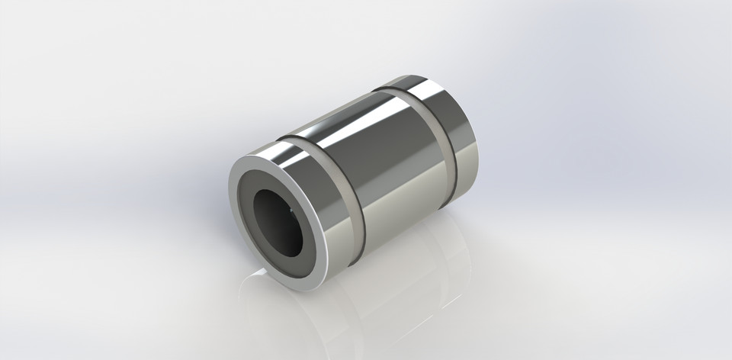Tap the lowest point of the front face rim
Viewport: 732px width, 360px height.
305,291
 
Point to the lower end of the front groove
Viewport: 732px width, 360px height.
352,265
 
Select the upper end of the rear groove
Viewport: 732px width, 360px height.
384,90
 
